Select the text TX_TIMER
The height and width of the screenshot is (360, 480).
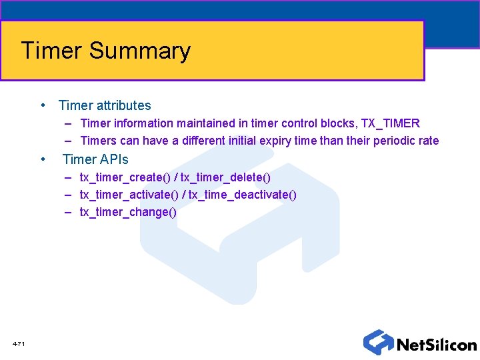point(391,123)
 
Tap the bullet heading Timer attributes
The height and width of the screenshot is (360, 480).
point(105,105)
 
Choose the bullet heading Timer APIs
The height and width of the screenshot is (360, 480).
point(95,159)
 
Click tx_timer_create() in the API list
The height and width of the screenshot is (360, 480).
point(125,177)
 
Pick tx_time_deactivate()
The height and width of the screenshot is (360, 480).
point(243,195)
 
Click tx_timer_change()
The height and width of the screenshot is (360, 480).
point(128,212)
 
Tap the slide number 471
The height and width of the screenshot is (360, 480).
point(19,343)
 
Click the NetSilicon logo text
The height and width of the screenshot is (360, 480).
point(437,345)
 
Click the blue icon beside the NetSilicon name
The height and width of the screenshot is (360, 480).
point(378,342)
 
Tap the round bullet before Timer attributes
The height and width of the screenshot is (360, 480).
point(42,105)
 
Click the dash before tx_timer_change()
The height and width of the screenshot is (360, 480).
point(69,212)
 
